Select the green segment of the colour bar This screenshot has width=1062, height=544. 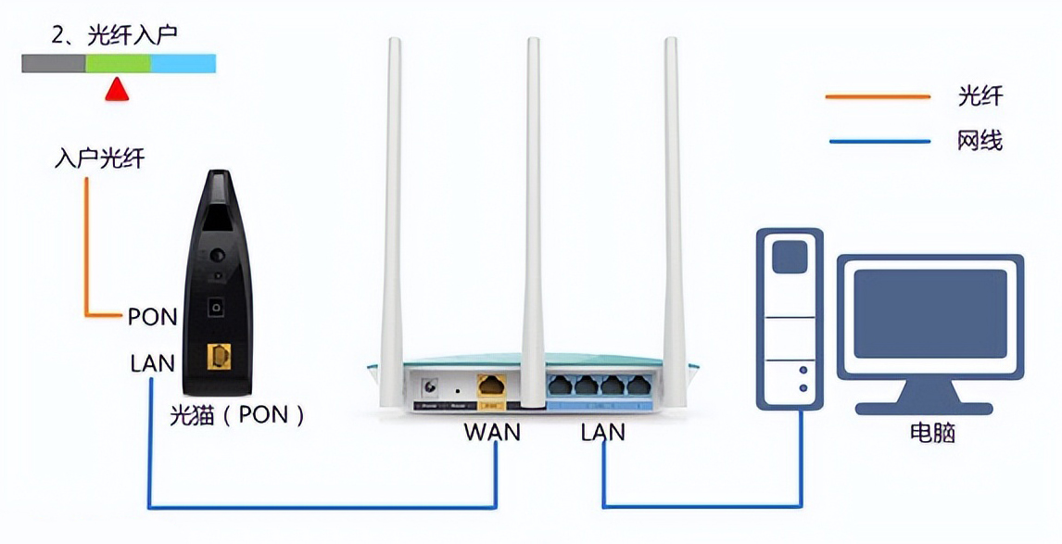[118, 63]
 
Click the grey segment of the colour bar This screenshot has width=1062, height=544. [54, 63]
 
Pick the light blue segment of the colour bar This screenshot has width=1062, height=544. [183, 63]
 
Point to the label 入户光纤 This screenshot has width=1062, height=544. [99, 158]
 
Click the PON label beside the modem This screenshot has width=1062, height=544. [152, 317]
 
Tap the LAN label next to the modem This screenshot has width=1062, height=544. [152, 362]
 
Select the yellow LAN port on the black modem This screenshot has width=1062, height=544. [220, 360]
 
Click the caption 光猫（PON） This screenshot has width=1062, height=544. [237, 414]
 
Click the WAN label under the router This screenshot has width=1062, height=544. [492, 432]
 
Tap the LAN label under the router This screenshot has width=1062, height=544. [602, 432]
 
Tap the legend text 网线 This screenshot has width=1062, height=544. [980, 141]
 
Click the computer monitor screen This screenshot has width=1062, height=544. [929, 315]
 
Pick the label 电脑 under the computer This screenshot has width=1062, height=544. [931, 432]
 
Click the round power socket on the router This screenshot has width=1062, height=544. [430, 387]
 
